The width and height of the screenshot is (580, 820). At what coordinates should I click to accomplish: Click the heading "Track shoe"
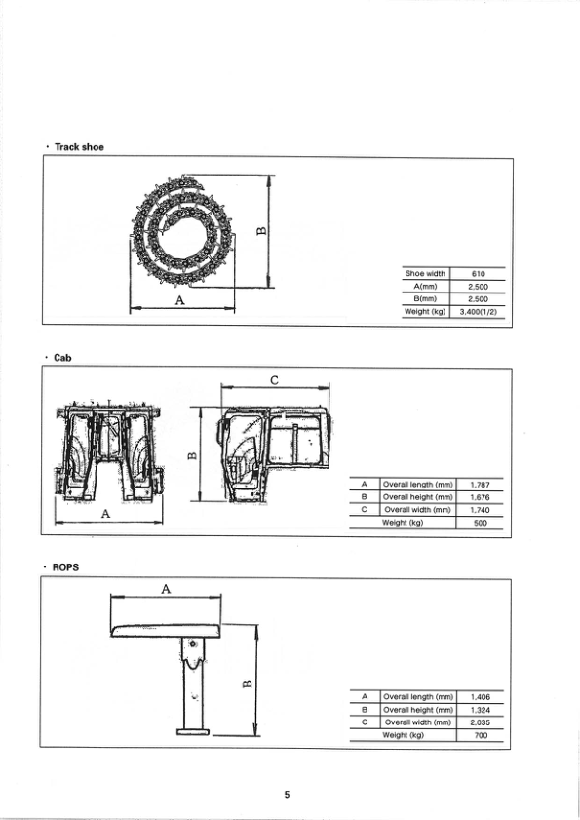click(79, 147)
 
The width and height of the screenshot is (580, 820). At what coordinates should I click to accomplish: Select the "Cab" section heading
click(62, 358)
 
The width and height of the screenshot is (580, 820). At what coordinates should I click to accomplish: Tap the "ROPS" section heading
click(66, 566)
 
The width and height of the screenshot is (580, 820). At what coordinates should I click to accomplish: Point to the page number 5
click(287, 795)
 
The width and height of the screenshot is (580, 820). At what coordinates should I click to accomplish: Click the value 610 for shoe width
click(478, 274)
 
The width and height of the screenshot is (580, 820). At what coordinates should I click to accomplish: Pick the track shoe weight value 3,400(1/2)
click(478, 312)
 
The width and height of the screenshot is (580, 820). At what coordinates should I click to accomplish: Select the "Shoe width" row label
click(424, 274)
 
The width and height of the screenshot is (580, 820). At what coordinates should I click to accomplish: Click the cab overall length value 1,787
click(479, 484)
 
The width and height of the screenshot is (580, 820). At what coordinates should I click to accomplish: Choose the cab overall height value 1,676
click(479, 497)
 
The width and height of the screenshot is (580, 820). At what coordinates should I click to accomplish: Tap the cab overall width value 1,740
click(479, 510)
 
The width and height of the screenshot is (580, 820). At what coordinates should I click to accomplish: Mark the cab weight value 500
click(479, 523)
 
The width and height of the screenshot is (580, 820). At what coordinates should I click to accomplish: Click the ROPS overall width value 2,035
click(479, 722)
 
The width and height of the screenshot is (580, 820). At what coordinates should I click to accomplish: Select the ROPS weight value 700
click(479, 735)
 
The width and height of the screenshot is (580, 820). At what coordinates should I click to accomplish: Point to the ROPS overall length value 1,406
click(479, 697)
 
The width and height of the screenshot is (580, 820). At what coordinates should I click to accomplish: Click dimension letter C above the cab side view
click(275, 380)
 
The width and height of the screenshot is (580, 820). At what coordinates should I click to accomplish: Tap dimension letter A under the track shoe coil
click(179, 301)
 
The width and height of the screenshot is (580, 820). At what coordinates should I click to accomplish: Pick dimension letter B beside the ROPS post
click(246, 681)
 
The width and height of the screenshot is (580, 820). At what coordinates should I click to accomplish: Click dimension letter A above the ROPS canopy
click(166, 589)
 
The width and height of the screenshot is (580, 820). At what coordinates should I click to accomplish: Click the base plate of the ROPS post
click(193, 731)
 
